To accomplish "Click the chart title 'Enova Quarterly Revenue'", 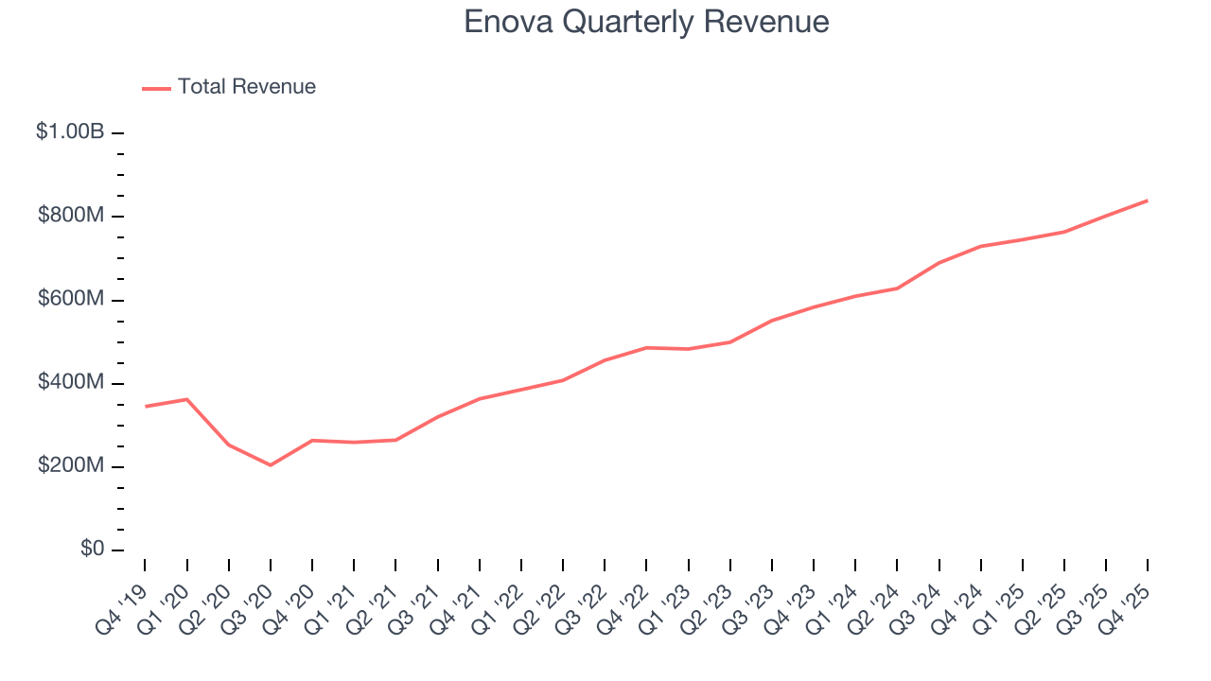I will [646, 22].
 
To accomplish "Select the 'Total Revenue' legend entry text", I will [246, 87].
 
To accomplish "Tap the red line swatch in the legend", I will [156, 88].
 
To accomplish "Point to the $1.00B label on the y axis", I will [70, 132].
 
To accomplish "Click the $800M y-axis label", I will [71, 216].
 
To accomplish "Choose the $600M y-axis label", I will [71, 299].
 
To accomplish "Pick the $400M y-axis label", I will [71, 382].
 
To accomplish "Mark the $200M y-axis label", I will [71, 466].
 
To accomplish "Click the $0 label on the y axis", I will [92, 550].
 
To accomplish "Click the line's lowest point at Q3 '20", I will [271, 465].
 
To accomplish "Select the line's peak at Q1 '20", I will [187, 399].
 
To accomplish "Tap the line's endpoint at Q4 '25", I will [1148, 201].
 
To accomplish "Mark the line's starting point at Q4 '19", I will [145, 407].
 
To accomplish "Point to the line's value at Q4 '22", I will [646, 347].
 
